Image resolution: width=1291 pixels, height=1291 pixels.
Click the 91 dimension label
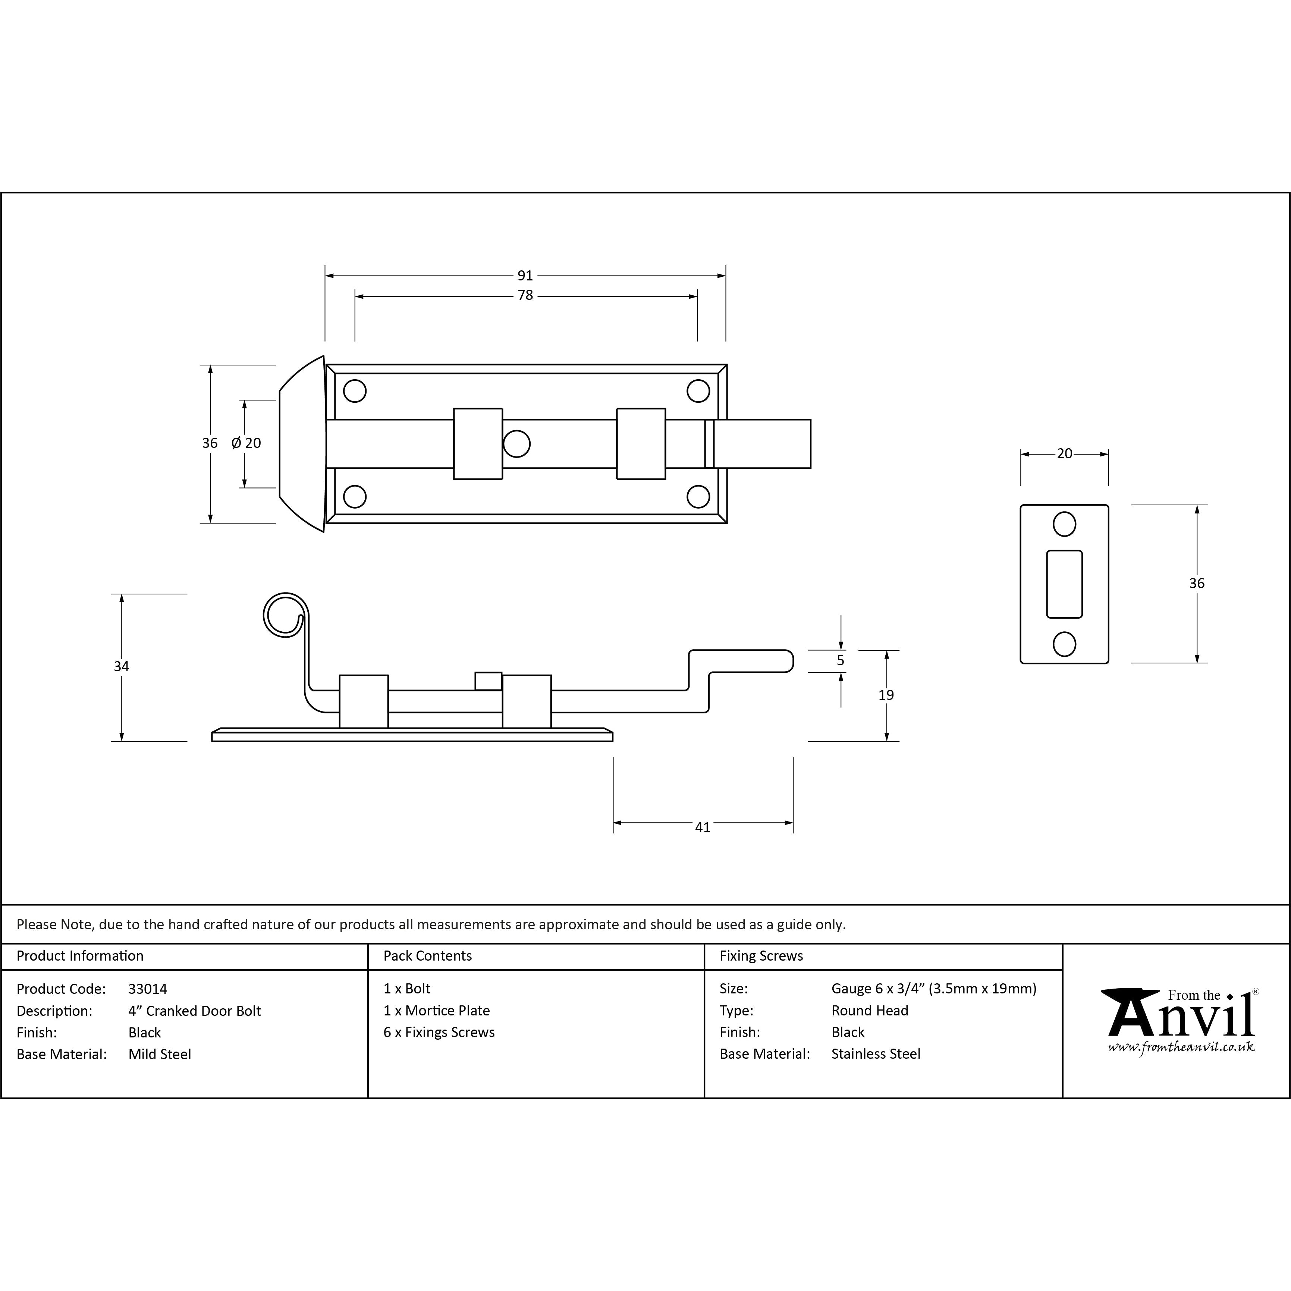point(525,275)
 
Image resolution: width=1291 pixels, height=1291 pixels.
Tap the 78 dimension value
point(525,295)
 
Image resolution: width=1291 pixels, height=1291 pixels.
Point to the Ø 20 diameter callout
point(246,443)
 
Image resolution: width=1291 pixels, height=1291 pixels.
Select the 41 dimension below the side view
point(702,827)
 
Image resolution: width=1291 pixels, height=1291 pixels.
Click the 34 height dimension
point(121,666)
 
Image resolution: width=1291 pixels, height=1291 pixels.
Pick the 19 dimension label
point(886,695)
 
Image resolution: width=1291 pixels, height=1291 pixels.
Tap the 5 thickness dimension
point(841,660)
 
